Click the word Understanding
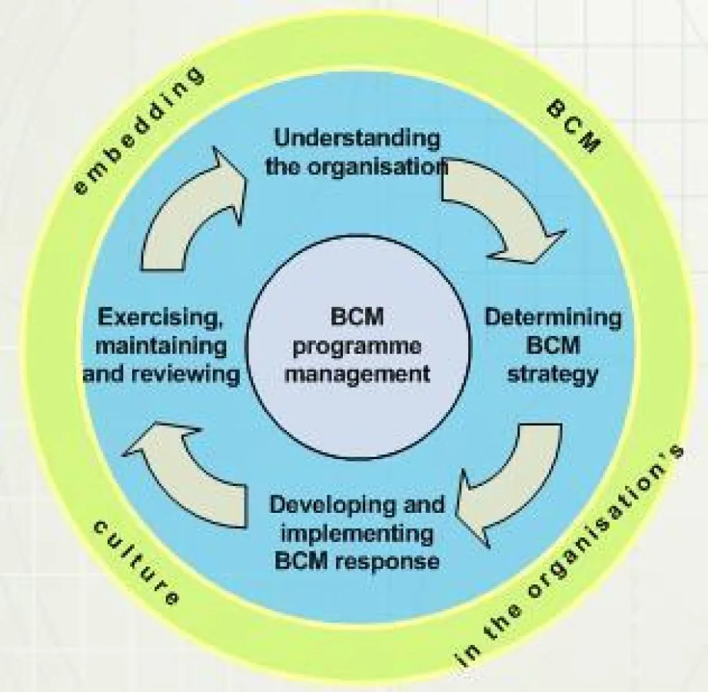(357, 139)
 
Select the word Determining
(553, 317)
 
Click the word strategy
(552, 374)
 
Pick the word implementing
(357, 533)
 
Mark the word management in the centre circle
(357, 374)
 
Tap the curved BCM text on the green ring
(573, 127)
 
